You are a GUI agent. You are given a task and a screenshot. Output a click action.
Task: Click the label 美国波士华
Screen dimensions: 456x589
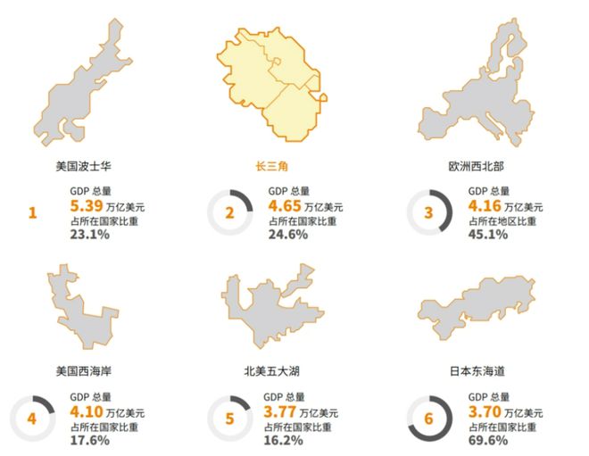pos(82,167)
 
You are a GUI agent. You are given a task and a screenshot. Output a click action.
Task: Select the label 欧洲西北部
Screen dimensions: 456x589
pos(473,167)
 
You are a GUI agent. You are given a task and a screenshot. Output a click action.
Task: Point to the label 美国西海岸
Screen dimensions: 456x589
pos(82,369)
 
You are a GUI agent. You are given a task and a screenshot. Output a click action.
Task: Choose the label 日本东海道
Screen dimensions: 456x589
pos(473,369)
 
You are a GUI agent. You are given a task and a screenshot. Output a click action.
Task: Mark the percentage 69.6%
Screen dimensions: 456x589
pos(488,440)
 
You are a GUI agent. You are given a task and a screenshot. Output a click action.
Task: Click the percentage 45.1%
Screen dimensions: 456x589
pos(488,235)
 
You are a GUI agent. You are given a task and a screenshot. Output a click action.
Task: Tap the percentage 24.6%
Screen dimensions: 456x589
pos(287,235)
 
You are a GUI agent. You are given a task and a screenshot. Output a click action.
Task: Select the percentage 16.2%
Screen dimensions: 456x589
pos(287,440)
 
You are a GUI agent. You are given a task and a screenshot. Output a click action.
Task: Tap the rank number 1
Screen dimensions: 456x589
pos(33,213)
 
